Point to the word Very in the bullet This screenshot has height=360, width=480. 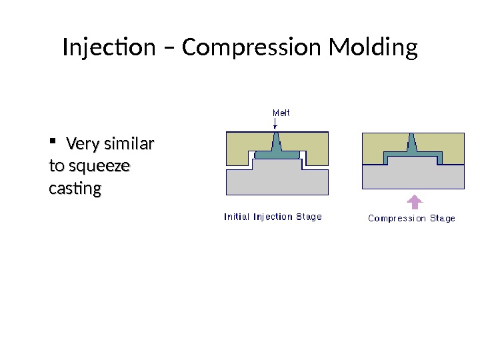tap(81, 144)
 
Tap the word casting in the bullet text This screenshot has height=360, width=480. tap(75, 189)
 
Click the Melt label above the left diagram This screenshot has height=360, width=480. tap(281, 113)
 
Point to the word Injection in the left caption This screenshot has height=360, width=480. tap(275, 217)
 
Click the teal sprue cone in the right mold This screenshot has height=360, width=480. tap(411, 143)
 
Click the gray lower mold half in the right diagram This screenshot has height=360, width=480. tap(413, 176)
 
